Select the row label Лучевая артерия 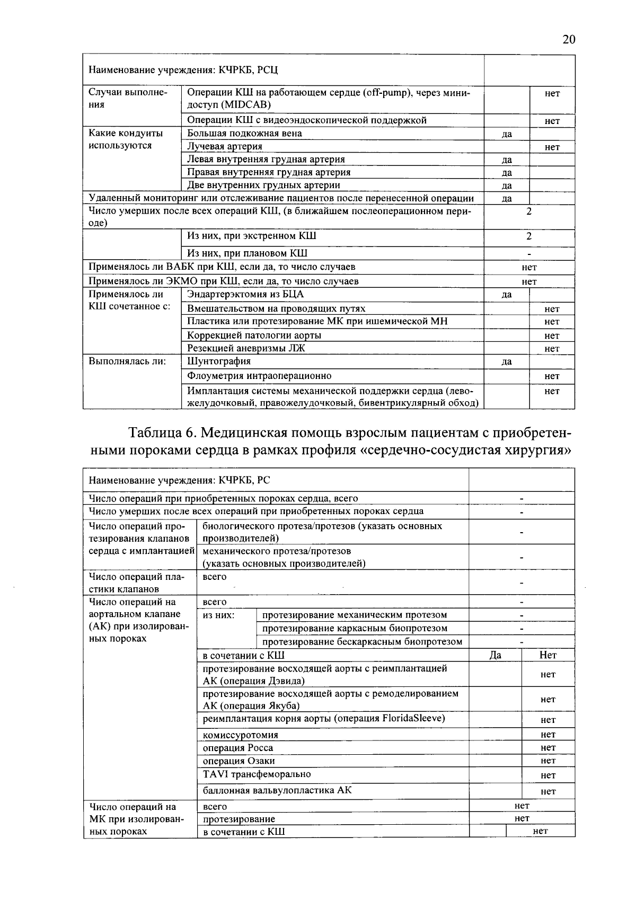click(225, 146)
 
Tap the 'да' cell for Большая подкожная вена click(507, 134)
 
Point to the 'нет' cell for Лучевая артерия click(552, 147)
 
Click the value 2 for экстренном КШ click(528, 236)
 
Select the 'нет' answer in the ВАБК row click(528, 268)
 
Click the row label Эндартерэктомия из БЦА click(246, 295)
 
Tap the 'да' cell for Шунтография click(507, 362)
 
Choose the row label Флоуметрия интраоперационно click(259, 376)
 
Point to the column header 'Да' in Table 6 click(495, 656)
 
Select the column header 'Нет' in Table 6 click(548, 656)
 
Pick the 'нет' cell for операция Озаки click(548, 761)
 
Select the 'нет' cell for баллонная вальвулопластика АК click(548, 792)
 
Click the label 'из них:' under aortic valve click(219, 615)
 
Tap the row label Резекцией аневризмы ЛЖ click(246, 348)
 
